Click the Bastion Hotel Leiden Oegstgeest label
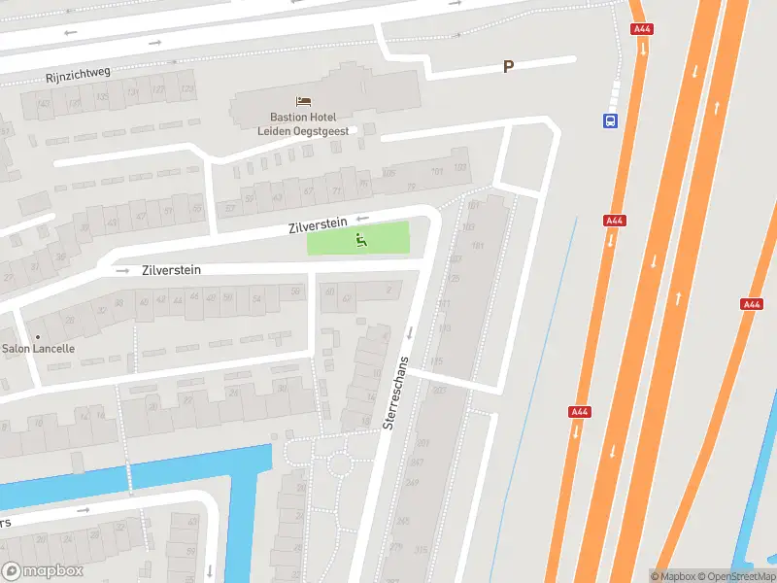(x=303, y=123)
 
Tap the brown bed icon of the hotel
(x=303, y=101)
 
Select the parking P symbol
(x=507, y=66)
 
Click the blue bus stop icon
(x=610, y=120)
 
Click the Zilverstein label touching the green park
(x=318, y=226)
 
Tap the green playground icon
(x=360, y=239)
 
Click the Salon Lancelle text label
(x=38, y=349)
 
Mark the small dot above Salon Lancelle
(x=38, y=336)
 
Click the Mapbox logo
(x=43, y=571)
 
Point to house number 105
(x=389, y=173)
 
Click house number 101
(x=436, y=171)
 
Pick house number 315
(x=421, y=551)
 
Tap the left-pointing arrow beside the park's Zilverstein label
(x=363, y=219)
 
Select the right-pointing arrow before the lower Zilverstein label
(x=122, y=271)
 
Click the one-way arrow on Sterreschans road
(x=410, y=333)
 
